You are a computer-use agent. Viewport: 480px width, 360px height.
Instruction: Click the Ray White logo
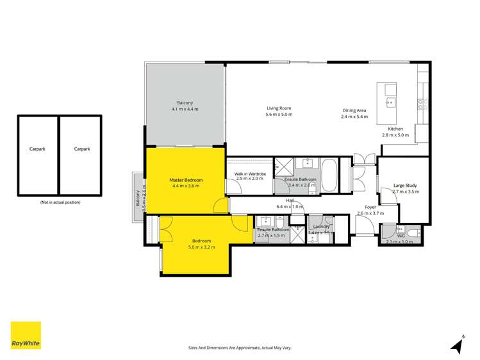(x=26, y=335)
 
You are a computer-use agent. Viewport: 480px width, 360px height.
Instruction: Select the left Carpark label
(x=37, y=149)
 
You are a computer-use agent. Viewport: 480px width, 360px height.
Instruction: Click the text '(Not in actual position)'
(x=60, y=202)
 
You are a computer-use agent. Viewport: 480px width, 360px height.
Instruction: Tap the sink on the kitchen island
(x=390, y=101)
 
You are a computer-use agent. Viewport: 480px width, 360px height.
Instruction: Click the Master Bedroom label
(x=186, y=180)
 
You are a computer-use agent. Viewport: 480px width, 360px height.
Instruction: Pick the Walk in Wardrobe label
(x=250, y=174)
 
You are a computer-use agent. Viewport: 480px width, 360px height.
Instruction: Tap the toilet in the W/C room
(x=413, y=232)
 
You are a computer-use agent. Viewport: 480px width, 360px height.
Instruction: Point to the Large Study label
(x=405, y=185)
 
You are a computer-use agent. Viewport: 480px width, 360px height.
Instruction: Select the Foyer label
(x=370, y=207)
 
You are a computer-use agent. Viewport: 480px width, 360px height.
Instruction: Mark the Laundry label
(x=322, y=227)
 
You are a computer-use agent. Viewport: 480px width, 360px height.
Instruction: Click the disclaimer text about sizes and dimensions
(x=240, y=347)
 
